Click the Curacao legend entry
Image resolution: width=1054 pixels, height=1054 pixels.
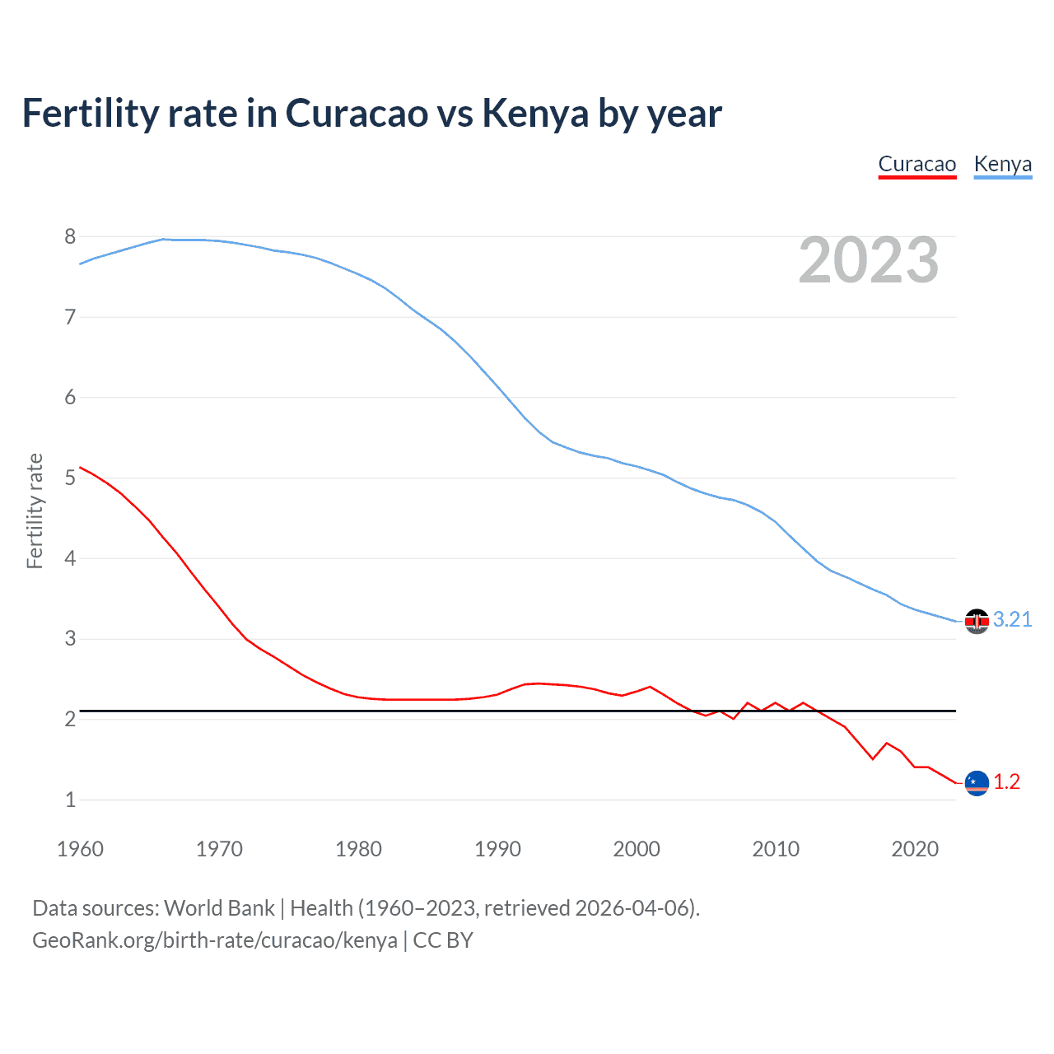coord(916,164)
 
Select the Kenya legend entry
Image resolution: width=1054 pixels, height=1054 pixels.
coord(1002,164)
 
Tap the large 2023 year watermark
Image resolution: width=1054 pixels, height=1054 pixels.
coord(868,260)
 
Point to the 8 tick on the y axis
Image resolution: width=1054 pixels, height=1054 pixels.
coord(70,237)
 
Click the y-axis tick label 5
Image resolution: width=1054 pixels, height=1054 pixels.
coord(70,478)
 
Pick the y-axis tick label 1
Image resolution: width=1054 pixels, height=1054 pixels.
coord(70,800)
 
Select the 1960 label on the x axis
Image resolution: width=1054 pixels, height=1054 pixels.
coord(80,849)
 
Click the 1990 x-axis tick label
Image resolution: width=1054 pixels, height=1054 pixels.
coord(497,849)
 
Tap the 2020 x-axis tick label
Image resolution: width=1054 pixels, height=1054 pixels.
coord(915,849)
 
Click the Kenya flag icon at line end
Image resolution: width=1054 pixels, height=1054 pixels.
coord(977,621)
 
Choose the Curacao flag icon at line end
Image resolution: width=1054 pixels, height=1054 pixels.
coord(977,783)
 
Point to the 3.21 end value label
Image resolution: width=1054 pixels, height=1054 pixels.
coord(1012,620)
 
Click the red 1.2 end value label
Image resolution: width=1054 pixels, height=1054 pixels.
coord(1006,782)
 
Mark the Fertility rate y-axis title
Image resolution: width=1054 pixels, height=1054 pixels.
coord(35,511)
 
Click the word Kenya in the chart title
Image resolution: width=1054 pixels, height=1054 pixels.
coord(534,114)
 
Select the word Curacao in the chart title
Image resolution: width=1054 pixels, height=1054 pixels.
coord(356,114)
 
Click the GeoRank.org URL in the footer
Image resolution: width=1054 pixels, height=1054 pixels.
coord(214,940)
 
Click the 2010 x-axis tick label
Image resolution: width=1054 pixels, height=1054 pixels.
coord(776,849)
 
